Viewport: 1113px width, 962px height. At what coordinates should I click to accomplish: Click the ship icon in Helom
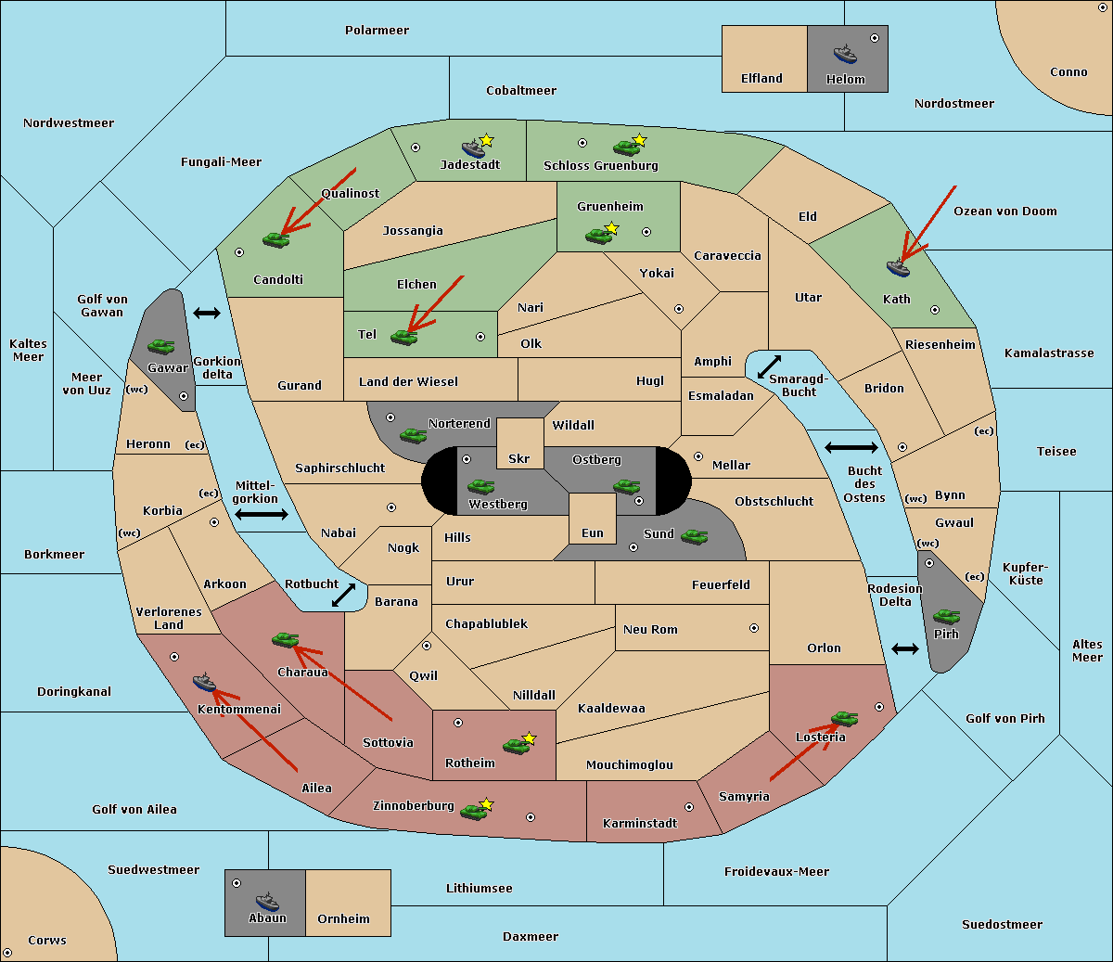845,54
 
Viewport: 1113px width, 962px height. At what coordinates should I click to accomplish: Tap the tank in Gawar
161,346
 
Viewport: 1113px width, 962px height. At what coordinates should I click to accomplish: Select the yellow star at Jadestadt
487,140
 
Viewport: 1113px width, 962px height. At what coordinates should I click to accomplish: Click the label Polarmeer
377,31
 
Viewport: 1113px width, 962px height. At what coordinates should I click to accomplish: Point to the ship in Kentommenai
204,683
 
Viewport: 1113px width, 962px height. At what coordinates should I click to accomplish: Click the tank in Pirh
946,616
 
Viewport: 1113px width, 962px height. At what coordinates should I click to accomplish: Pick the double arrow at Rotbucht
343,595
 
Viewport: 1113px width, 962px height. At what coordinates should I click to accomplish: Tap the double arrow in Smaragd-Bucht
769,366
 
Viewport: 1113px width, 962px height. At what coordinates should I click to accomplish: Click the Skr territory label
518,458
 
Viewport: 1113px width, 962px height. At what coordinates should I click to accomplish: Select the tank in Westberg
480,486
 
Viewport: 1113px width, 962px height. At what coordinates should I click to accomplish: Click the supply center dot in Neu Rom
754,628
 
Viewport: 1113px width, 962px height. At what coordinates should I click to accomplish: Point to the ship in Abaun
267,901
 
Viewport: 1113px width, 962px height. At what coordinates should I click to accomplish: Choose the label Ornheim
343,918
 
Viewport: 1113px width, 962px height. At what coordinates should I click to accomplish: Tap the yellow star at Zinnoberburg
487,804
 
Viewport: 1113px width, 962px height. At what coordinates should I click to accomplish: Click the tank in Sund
694,536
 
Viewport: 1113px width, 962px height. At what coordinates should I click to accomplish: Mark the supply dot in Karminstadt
689,807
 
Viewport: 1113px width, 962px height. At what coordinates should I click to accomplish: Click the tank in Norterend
413,435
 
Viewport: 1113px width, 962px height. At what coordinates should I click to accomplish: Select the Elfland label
761,78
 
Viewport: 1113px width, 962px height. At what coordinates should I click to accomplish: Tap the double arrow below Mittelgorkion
262,514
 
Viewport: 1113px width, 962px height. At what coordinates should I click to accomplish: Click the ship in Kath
898,267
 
